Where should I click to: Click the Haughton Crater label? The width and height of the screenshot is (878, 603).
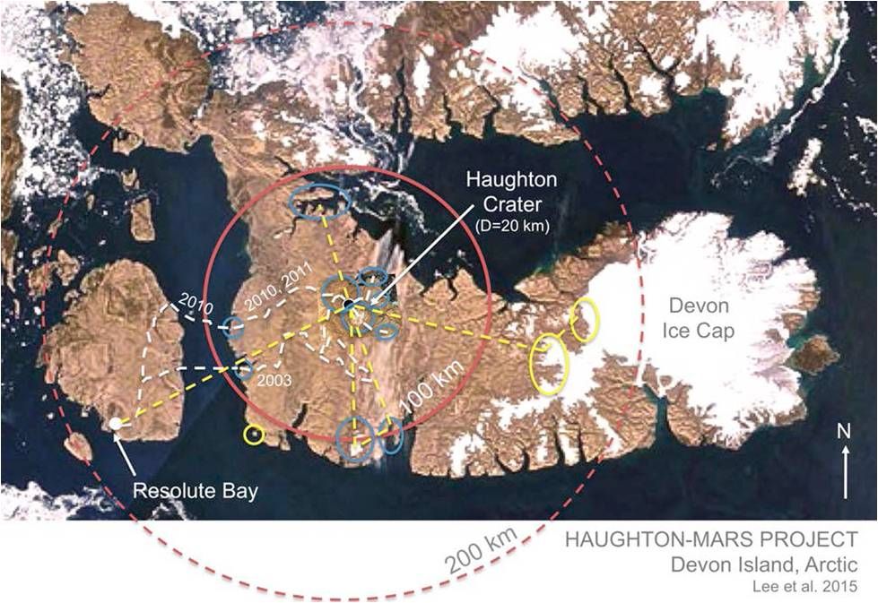click(x=509, y=191)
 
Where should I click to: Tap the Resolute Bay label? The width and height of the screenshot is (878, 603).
click(x=195, y=491)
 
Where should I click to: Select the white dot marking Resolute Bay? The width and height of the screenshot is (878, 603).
click(x=116, y=423)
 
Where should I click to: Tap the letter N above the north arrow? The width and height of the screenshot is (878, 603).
click(x=843, y=430)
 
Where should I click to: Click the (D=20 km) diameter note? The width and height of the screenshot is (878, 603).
click(x=509, y=227)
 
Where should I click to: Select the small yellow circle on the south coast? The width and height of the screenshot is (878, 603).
click(x=254, y=435)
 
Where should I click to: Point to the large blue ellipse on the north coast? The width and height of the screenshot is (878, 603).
click(x=318, y=202)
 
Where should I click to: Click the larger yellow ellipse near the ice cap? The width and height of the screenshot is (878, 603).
click(x=549, y=363)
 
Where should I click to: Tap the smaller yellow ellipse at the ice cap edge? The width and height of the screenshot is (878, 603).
click(x=584, y=320)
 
